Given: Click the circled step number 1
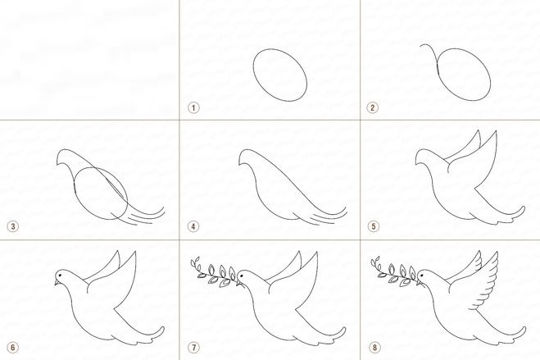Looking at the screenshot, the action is click(x=193, y=107).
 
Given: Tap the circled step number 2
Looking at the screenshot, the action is click(x=372, y=107).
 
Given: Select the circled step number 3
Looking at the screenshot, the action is click(x=13, y=226).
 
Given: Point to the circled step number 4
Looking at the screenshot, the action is click(x=193, y=226).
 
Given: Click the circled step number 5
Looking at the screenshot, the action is click(x=374, y=226).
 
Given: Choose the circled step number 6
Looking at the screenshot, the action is click(x=13, y=347).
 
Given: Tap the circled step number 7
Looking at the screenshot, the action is click(x=193, y=347).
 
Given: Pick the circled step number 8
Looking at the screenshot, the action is click(x=374, y=347).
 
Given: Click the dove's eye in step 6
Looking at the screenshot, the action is click(x=61, y=276).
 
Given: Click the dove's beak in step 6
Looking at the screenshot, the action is click(x=57, y=282).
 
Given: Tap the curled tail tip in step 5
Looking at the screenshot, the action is click(x=521, y=209).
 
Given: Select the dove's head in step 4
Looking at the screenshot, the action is click(x=247, y=157).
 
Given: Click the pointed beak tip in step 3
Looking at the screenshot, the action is click(x=57, y=165).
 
